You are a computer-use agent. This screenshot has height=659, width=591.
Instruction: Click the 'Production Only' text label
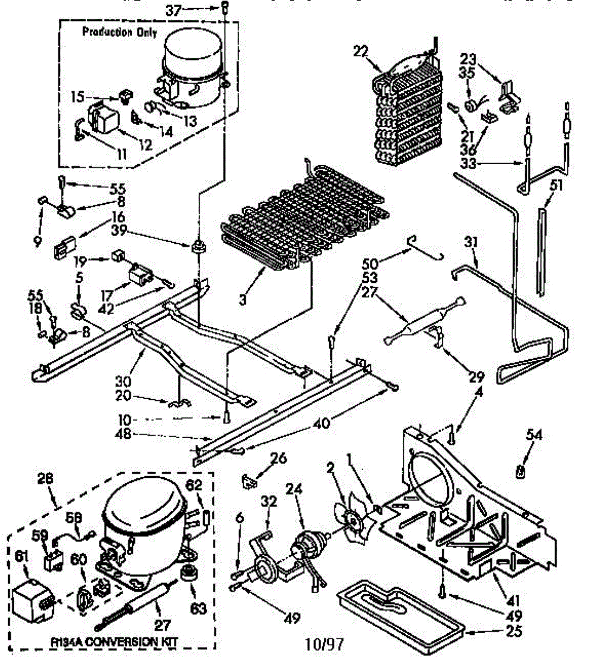click(x=119, y=32)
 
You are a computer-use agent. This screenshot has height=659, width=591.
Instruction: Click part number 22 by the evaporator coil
click(x=359, y=51)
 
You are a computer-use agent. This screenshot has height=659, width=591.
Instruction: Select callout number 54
click(x=533, y=435)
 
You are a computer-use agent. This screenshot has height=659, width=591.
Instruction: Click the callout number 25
click(x=514, y=632)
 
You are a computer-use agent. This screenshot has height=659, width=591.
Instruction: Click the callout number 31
click(x=470, y=241)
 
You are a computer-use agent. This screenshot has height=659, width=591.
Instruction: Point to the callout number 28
click(x=46, y=478)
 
